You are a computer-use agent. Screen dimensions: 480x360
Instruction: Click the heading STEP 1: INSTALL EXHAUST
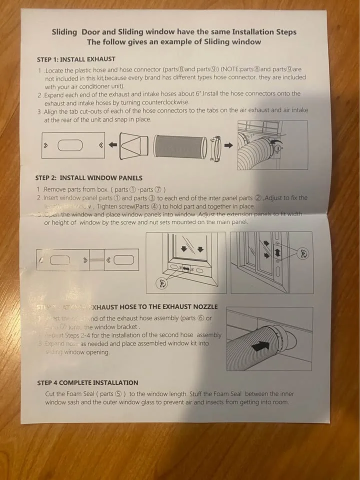coord(76,59)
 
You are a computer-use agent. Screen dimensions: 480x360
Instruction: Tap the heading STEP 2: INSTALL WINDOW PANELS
coord(88,178)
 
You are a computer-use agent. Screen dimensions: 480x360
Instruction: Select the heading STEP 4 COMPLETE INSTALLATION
coord(87,383)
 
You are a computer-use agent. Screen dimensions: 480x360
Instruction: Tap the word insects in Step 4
coord(219,402)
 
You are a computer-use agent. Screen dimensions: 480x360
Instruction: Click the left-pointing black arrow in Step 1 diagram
coord(113,145)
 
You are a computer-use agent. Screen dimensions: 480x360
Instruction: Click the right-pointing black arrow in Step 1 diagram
coord(228,145)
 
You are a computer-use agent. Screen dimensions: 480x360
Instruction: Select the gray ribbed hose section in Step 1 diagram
coord(179,146)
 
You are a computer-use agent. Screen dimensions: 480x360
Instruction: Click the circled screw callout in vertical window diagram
coord(302,253)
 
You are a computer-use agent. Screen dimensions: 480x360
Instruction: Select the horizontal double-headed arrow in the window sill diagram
coord(186,269)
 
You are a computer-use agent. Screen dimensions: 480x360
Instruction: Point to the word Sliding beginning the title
coord(64,32)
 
